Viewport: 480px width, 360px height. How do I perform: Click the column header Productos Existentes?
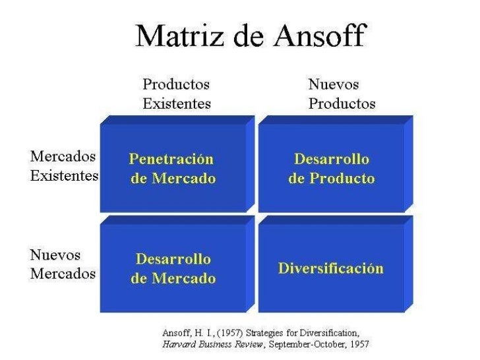(x=177, y=94)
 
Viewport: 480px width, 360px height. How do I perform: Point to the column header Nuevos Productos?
(x=342, y=94)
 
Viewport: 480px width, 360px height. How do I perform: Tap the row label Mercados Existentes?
(x=64, y=166)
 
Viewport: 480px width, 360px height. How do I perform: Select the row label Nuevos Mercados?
(x=63, y=264)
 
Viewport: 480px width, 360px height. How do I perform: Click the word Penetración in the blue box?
(x=171, y=160)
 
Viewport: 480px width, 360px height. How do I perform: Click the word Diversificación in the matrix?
(x=331, y=268)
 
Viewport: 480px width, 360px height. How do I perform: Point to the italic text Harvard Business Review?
(x=204, y=344)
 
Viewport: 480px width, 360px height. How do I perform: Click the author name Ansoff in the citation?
(x=177, y=332)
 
